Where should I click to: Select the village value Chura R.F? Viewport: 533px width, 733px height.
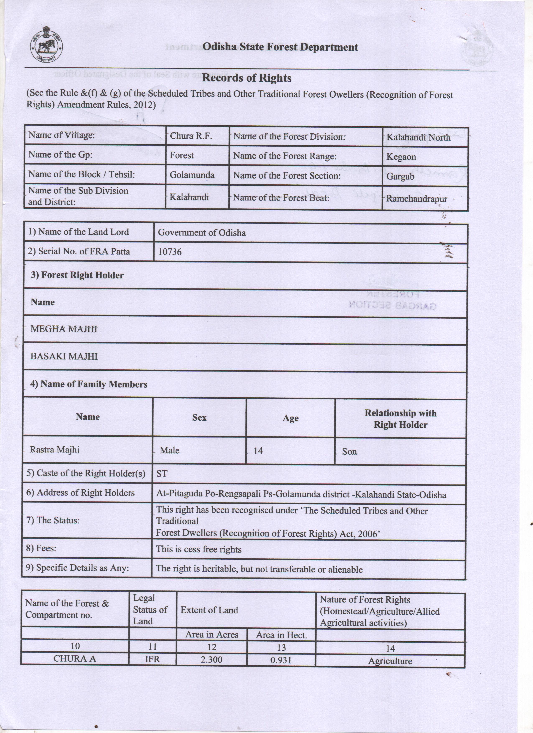point(191,136)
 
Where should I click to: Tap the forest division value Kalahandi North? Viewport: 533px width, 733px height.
point(418,137)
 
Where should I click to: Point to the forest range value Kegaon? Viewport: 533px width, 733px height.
point(401,157)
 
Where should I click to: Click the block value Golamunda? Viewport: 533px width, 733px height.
point(192,175)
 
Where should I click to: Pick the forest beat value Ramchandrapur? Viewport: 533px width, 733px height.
point(417,199)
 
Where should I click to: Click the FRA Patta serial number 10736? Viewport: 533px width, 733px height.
point(170,252)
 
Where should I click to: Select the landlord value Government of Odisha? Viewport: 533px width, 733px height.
point(201,233)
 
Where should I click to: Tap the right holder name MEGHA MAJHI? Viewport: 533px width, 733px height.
point(64,329)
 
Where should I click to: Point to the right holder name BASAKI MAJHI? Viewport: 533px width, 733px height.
point(64,356)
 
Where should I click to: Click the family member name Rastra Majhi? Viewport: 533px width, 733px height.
point(54,450)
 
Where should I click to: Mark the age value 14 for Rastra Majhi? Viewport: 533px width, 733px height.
point(258,450)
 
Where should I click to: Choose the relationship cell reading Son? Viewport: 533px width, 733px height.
point(349,451)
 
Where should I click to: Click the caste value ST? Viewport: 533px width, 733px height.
point(162,474)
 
